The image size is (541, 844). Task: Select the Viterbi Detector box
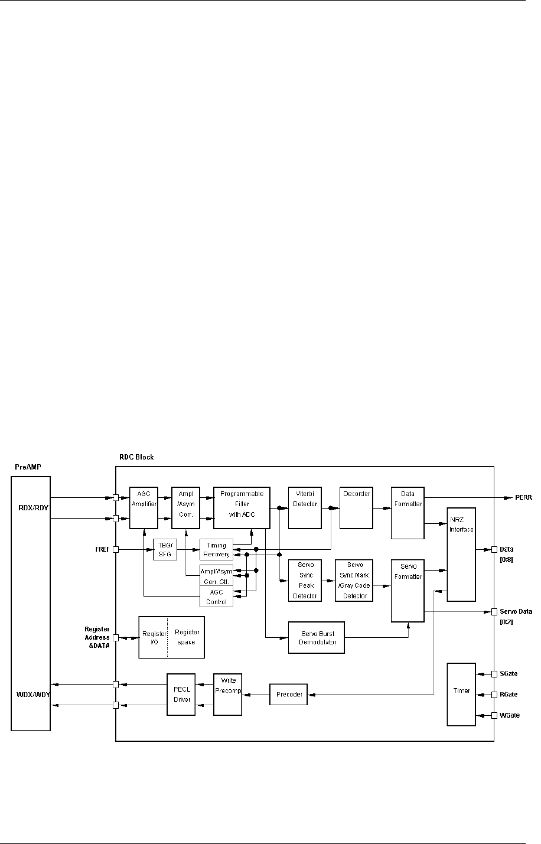(304, 507)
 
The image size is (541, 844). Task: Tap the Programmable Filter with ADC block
(241, 507)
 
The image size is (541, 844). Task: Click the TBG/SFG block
(165, 549)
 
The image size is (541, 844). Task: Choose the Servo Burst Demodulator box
(315, 637)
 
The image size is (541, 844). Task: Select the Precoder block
(289, 695)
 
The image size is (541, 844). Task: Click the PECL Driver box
(181, 695)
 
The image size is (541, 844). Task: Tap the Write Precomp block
(227, 694)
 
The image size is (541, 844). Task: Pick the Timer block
(461, 694)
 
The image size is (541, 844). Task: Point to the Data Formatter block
(408, 513)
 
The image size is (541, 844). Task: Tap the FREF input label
(102, 549)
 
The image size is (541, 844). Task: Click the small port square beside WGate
(494, 715)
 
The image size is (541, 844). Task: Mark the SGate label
(509, 673)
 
